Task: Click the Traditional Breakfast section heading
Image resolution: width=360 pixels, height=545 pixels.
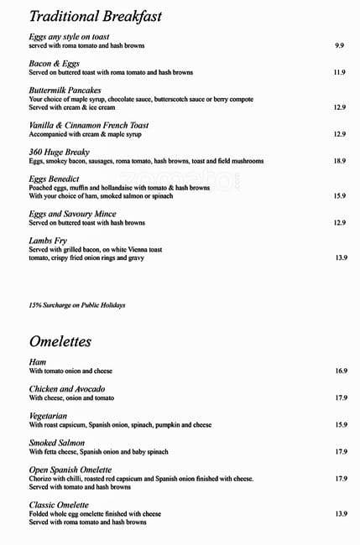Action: pyautogui.click(x=95, y=17)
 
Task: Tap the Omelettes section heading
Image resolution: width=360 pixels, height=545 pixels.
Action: pyautogui.click(x=60, y=342)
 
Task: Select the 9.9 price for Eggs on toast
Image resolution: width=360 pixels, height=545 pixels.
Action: pyautogui.click(x=339, y=45)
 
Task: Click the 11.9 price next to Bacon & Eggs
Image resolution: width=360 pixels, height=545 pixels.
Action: pyautogui.click(x=339, y=73)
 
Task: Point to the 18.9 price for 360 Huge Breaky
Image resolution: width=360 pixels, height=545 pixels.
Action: pyautogui.click(x=339, y=160)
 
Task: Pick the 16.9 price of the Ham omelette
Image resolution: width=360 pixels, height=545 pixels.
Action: pyautogui.click(x=341, y=371)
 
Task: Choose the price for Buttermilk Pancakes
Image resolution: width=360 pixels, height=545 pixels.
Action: pyautogui.click(x=339, y=107)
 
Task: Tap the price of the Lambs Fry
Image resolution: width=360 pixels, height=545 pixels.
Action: pyautogui.click(x=341, y=258)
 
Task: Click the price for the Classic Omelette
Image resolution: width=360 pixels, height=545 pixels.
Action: pyautogui.click(x=341, y=513)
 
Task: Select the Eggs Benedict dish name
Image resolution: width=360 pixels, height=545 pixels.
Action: pyautogui.click(x=54, y=179)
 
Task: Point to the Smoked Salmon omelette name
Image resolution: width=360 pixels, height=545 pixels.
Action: pyautogui.click(x=56, y=443)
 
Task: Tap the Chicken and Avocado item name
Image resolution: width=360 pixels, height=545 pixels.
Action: pyautogui.click(x=66, y=389)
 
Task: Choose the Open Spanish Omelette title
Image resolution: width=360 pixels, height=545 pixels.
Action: pyautogui.click(x=70, y=470)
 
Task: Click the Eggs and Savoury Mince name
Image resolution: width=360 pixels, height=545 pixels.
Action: pyautogui.click(x=71, y=214)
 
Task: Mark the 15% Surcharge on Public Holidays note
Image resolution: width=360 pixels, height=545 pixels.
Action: pyautogui.click(x=76, y=305)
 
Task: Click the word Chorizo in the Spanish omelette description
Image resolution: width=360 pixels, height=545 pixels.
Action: pyautogui.click(x=41, y=479)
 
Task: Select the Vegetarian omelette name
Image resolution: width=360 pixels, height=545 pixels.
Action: pyautogui.click(x=48, y=416)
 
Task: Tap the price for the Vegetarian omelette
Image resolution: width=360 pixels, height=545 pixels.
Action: pyautogui.click(x=341, y=425)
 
